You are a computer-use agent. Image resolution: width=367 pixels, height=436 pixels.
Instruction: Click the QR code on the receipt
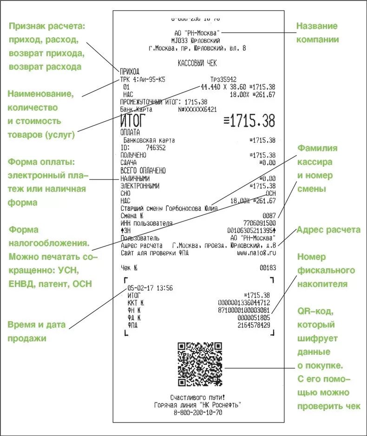[x=199, y=364]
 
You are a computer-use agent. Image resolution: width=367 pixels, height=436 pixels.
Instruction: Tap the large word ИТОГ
[x=133, y=121]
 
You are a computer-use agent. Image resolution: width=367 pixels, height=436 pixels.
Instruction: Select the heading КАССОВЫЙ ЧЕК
[x=197, y=63]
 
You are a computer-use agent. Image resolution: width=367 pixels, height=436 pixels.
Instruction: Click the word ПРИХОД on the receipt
[x=130, y=72]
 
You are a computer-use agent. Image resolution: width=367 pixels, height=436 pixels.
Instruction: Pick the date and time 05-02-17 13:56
[x=150, y=288]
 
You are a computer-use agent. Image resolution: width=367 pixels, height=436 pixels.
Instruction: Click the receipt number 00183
[x=268, y=268]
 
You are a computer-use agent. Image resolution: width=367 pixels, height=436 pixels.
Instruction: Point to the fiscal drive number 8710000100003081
[x=244, y=310]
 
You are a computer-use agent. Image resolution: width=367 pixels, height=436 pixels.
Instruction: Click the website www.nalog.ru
[x=256, y=253]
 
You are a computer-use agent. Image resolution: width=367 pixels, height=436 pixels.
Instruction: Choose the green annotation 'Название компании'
[x=317, y=33]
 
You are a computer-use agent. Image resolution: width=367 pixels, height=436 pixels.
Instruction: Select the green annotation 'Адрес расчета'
[x=328, y=230]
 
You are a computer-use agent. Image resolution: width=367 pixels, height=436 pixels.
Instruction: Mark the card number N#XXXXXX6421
[x=197, y=109]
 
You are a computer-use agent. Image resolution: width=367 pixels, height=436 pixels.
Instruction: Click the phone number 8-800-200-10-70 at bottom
[x=197, y=412]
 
